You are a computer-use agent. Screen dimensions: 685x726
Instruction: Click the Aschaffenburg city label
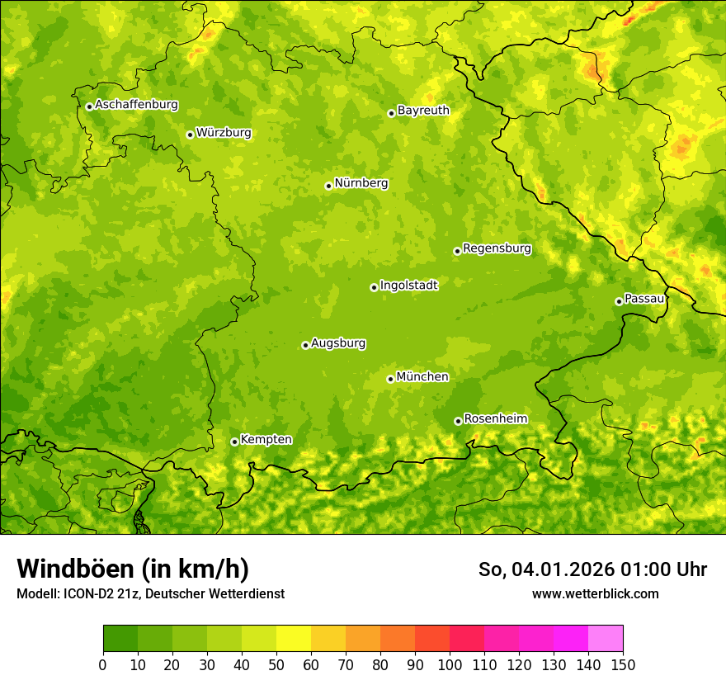click(136, 105)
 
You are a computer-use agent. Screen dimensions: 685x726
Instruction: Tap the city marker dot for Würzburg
click(190, 135)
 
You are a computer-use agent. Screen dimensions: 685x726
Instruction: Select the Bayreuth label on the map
click(423, 110)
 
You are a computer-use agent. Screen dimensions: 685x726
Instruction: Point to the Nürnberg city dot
click(328, 186)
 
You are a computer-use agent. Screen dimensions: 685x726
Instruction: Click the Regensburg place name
click(497, 248)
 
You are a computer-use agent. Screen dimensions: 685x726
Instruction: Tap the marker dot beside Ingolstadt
click(374, 287)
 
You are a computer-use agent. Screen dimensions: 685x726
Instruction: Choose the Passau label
click(644, 298)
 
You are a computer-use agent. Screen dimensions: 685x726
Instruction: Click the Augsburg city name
click(338, 342)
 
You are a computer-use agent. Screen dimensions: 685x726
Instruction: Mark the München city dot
click(390, 379)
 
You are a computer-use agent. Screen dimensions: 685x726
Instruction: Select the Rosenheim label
click(495, 418)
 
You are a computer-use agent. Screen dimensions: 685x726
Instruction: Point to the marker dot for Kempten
click(234, 442)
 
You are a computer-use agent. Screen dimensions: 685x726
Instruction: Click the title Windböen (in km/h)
click(132, 569)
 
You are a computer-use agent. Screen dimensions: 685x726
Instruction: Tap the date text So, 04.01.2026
click(544, 569)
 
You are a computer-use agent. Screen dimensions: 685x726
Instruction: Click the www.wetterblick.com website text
click(595, 593)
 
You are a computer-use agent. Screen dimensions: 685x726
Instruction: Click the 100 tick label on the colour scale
click(450, 664)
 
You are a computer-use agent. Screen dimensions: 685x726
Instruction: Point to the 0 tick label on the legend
click(103, 664)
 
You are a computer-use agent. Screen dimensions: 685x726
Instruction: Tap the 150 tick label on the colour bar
click(623, 664)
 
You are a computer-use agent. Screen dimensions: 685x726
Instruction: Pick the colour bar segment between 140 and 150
click(606, 638)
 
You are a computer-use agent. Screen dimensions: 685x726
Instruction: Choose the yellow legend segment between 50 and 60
click(294, 638)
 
